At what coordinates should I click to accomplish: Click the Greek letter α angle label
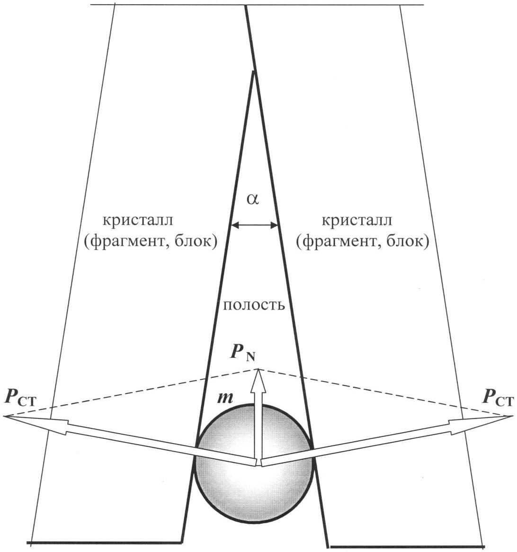(253, 199)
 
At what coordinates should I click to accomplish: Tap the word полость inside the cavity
(254, 304)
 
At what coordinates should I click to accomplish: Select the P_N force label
(243, 353)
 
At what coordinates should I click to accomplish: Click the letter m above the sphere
(225, 398)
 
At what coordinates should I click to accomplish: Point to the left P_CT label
(20, 398)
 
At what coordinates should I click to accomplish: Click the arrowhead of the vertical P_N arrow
(259, 380)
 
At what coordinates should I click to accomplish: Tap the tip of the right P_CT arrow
(513, 416)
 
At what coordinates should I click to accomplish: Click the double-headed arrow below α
(254, 225)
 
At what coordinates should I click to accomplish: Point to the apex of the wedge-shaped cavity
(253, 71)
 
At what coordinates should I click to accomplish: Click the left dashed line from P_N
(132, 392)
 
